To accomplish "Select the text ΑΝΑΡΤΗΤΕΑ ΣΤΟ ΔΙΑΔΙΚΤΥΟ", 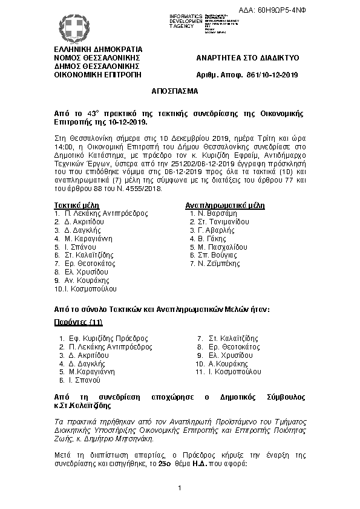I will pos(247,57).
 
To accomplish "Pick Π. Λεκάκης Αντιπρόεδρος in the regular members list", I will pos(105,213).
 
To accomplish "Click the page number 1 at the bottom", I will pos(180,488).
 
